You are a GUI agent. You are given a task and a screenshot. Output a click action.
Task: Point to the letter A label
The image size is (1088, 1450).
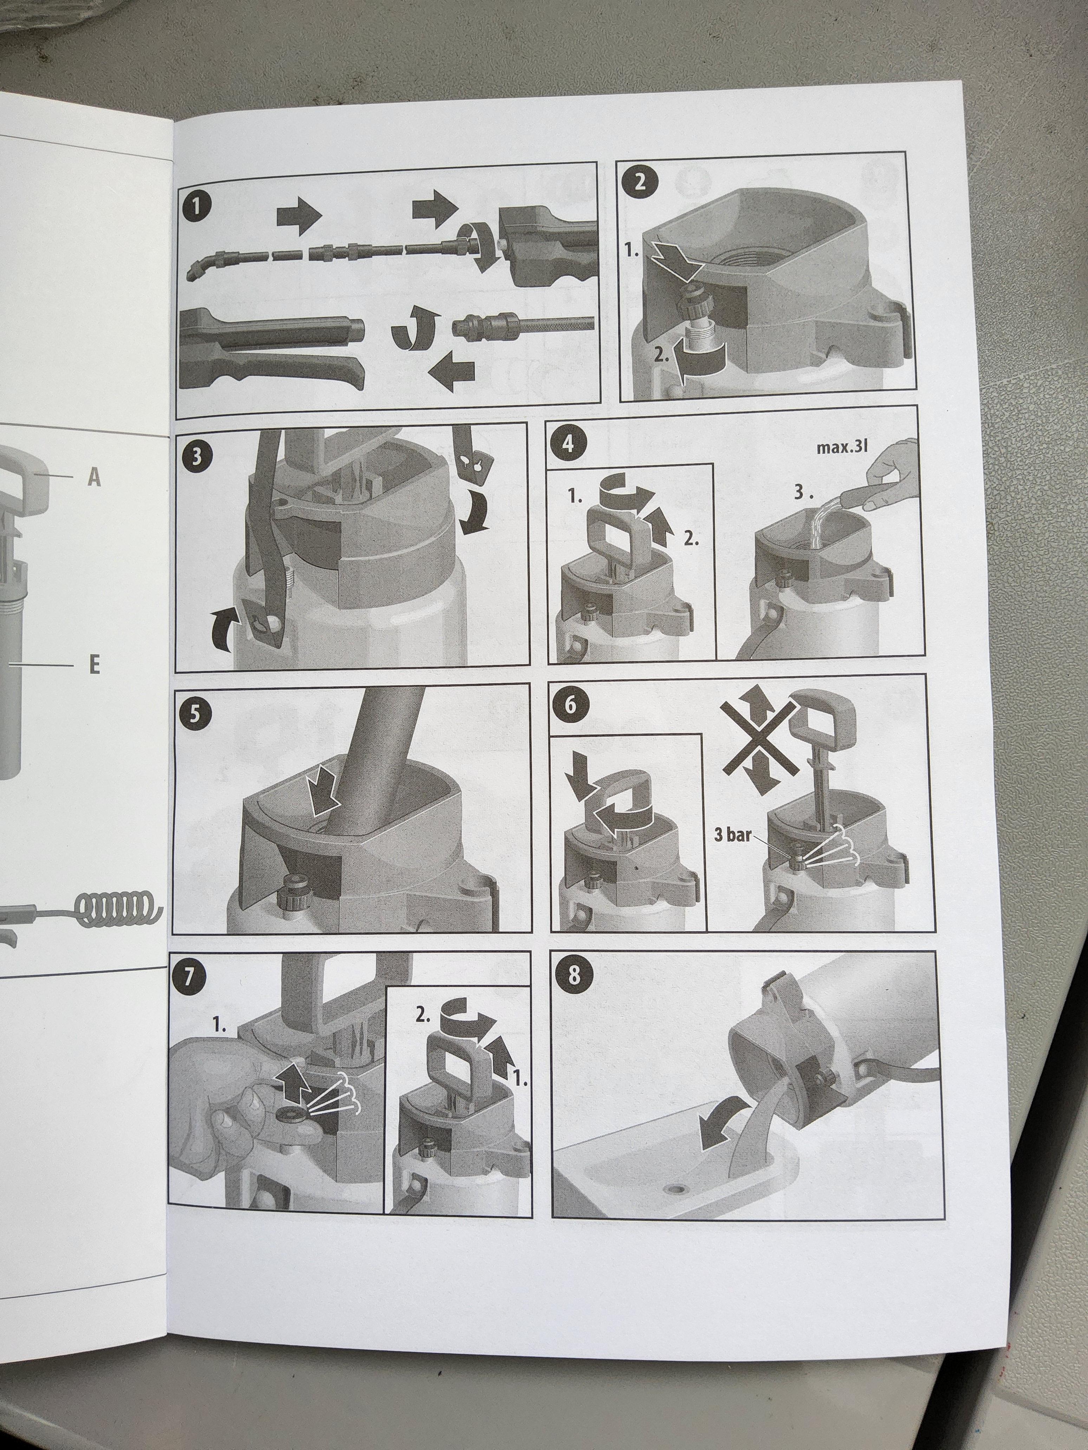pos(95,478)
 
